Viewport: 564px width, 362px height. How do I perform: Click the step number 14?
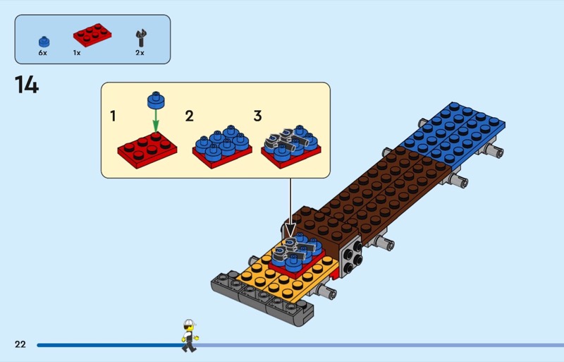point(26,85)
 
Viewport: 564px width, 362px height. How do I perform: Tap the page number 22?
point(20,344)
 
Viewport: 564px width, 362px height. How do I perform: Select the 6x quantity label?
point(43,53)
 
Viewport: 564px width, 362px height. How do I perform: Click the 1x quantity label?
point(76,53)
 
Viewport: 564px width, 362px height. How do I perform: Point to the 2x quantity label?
point(140,53)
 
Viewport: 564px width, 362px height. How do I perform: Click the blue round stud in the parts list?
point(44,40)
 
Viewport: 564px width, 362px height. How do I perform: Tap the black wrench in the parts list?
point(140,37)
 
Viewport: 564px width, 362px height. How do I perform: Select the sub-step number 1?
point(113,116)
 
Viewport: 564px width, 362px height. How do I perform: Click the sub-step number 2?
point(189,116)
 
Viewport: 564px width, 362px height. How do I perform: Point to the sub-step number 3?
point(257,116)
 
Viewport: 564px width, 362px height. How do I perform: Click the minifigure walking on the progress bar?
point(188,334)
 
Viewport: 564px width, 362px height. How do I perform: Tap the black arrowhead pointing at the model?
point(290,231)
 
